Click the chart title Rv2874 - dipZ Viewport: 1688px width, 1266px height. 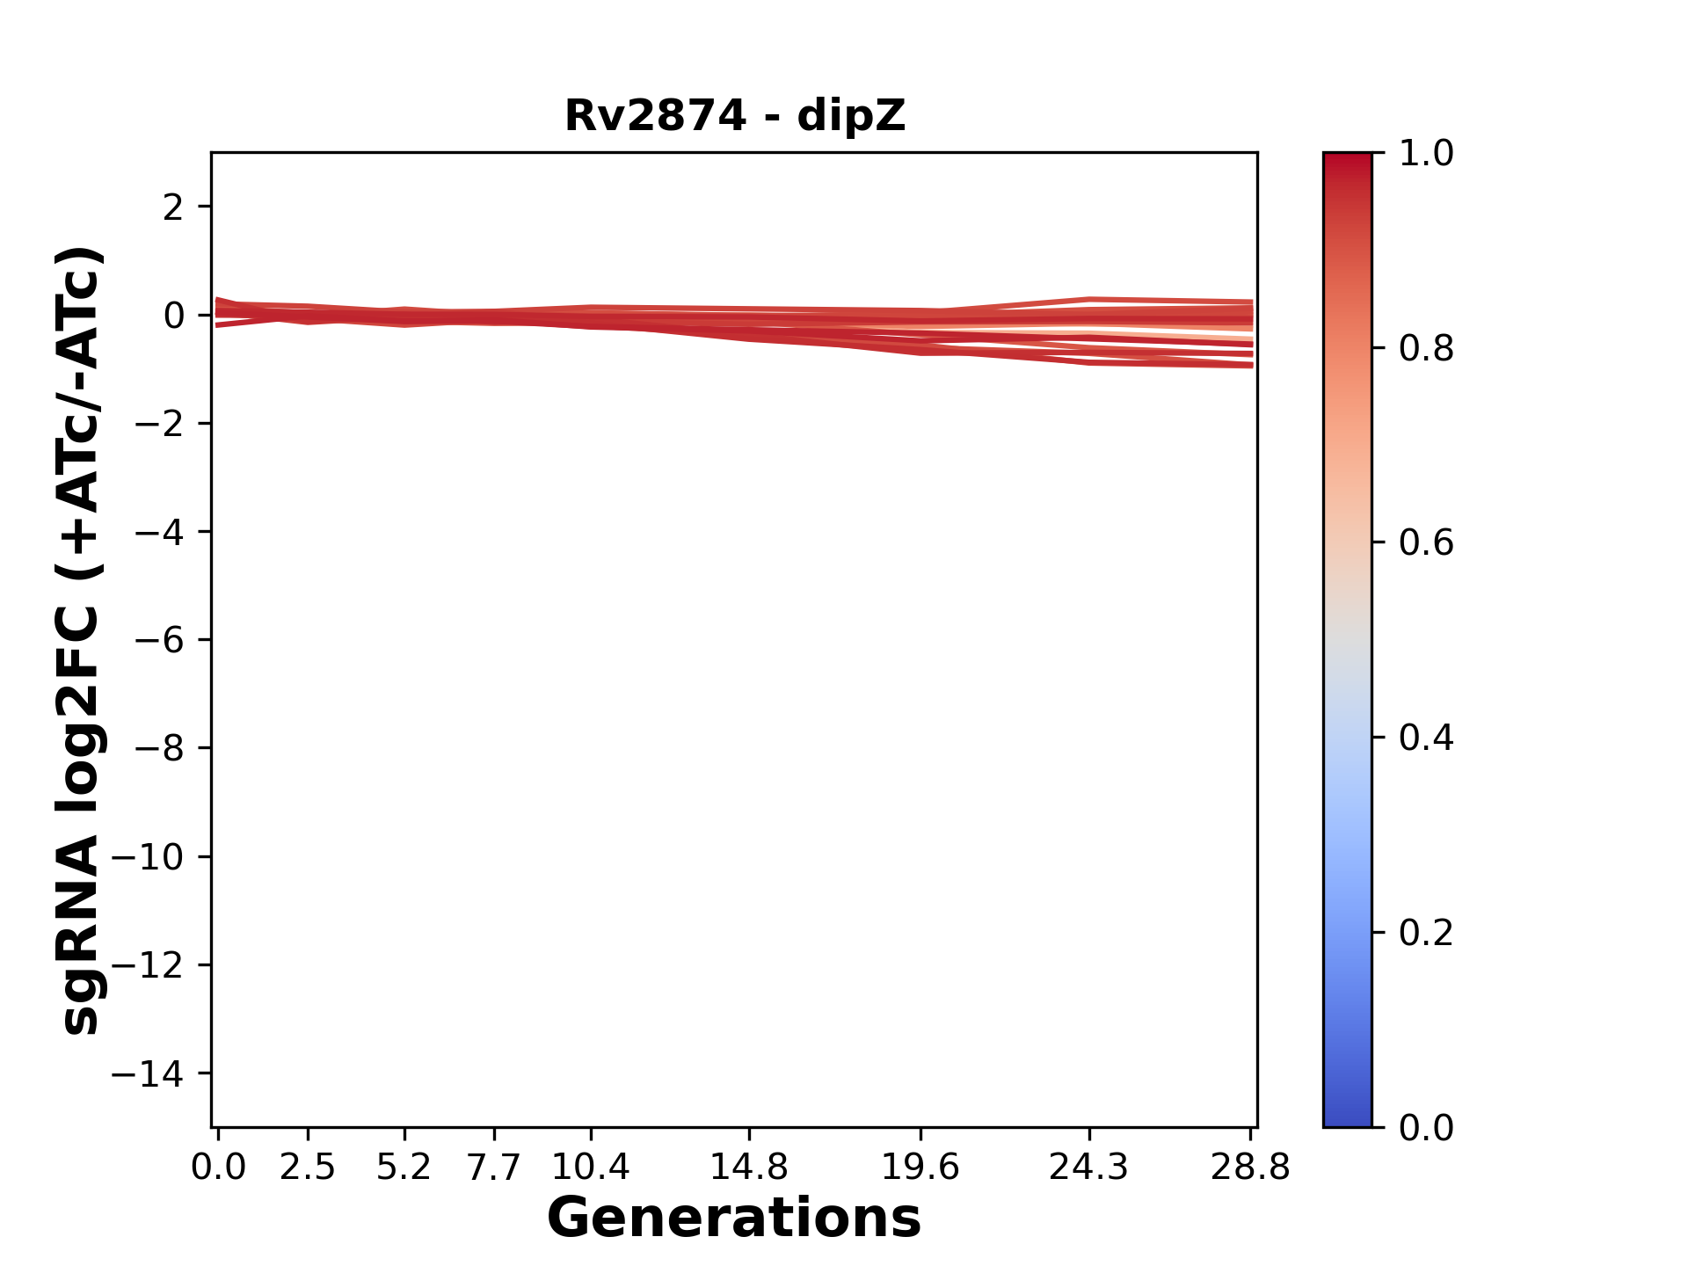click(734, 116)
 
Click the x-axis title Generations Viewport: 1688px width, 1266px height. click(734, 1219)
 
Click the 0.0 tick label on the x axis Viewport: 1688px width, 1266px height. click(218, 1168)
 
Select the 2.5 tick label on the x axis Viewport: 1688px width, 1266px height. click(308, 1168)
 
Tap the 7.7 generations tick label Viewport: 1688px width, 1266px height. click(494, 1168)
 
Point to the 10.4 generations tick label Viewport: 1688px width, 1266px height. click(591, 1168)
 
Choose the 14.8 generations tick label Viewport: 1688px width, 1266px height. click(749, 1168)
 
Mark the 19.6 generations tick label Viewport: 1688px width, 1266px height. click(920, 1168)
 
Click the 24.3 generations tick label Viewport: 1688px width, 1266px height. click(1089, 1168)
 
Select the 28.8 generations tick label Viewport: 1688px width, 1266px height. click(1250, 1168)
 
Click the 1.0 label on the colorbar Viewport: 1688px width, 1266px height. click(1426, 154)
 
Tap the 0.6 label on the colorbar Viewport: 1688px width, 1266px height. click(1426, 543)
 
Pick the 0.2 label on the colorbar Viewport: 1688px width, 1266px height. click(1426, 933)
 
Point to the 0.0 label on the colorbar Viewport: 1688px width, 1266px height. click(1426, 1128)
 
